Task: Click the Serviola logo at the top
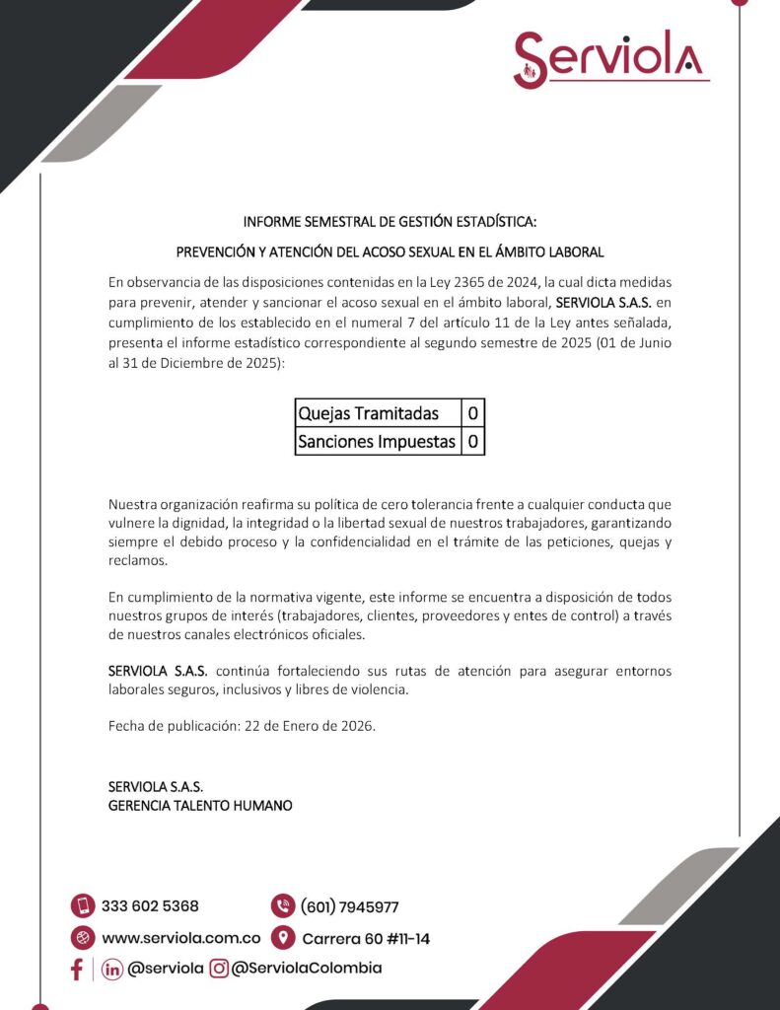click(609, 58)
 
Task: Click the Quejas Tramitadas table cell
click(378, 413)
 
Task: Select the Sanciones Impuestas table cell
click(378, 441)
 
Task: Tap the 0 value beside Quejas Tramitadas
click(473, 413)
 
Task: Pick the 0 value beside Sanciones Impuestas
click(473, 441)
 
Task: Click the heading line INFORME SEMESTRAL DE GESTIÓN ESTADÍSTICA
click(390, 221)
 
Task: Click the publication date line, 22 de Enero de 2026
click(242, 726)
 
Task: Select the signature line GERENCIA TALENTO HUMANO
click(200, 805)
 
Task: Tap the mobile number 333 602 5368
click(150, 905)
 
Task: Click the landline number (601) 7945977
click(349, 906)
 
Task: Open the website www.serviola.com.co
click(180, 938)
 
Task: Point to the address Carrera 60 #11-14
click(366, 938)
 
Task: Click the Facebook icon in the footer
click(77, 969)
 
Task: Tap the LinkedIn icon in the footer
click(112, 969)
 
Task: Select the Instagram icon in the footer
click(219, 969)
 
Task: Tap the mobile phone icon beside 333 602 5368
click(83, 905)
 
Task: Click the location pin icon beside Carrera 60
click(283, 937)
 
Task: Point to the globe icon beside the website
click(83, 937)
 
